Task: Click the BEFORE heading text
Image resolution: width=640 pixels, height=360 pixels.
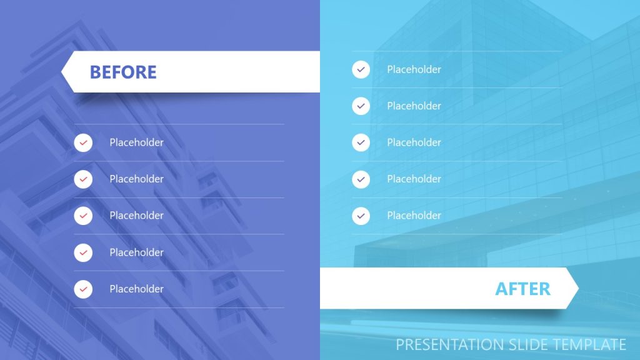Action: pos(123,72)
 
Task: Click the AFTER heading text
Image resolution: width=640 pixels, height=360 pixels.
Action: pos(522,289)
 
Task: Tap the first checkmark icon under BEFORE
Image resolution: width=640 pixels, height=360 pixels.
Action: pos(83,142)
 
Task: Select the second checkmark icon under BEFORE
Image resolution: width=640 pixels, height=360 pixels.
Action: pos(83,179)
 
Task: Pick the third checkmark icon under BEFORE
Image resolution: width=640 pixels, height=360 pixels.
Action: pos(83,216)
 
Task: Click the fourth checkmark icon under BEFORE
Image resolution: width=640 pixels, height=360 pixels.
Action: pos(83,252)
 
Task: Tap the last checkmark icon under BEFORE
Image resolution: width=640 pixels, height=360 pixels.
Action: pos(83,289)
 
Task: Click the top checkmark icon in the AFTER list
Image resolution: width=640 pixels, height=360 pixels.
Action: pos(361,69)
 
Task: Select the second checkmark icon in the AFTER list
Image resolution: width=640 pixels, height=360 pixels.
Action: pos(361,106)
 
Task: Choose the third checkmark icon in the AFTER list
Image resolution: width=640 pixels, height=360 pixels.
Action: pos(361,142)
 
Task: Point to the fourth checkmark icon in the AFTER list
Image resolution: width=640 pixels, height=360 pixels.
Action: pos(361,179)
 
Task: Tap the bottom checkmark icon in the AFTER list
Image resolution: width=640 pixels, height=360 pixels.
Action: pos(361,216)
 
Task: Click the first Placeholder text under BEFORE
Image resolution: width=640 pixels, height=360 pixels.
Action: pos(136,142)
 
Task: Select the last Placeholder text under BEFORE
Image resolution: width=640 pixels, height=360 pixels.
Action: pos(136,289)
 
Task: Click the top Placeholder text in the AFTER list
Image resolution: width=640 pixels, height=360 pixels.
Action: pos(414,69)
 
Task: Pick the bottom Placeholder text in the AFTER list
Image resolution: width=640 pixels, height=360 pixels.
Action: pos(414,216)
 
